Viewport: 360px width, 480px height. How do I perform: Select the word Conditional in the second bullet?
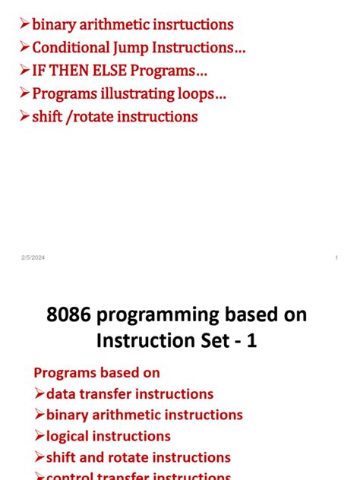point(71,48)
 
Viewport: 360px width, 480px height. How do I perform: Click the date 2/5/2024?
point(33,259)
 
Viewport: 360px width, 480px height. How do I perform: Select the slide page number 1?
point(336,259)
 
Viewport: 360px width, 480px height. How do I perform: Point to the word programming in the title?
point(161,315)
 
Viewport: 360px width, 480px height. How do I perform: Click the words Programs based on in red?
point(97,373)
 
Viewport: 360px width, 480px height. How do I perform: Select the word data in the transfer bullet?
point(62,394)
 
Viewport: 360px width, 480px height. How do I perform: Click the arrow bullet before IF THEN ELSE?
point(24,71)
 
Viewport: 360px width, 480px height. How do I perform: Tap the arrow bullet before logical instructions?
point(39,436)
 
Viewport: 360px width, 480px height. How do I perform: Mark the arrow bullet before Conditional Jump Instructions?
point(24,48)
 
